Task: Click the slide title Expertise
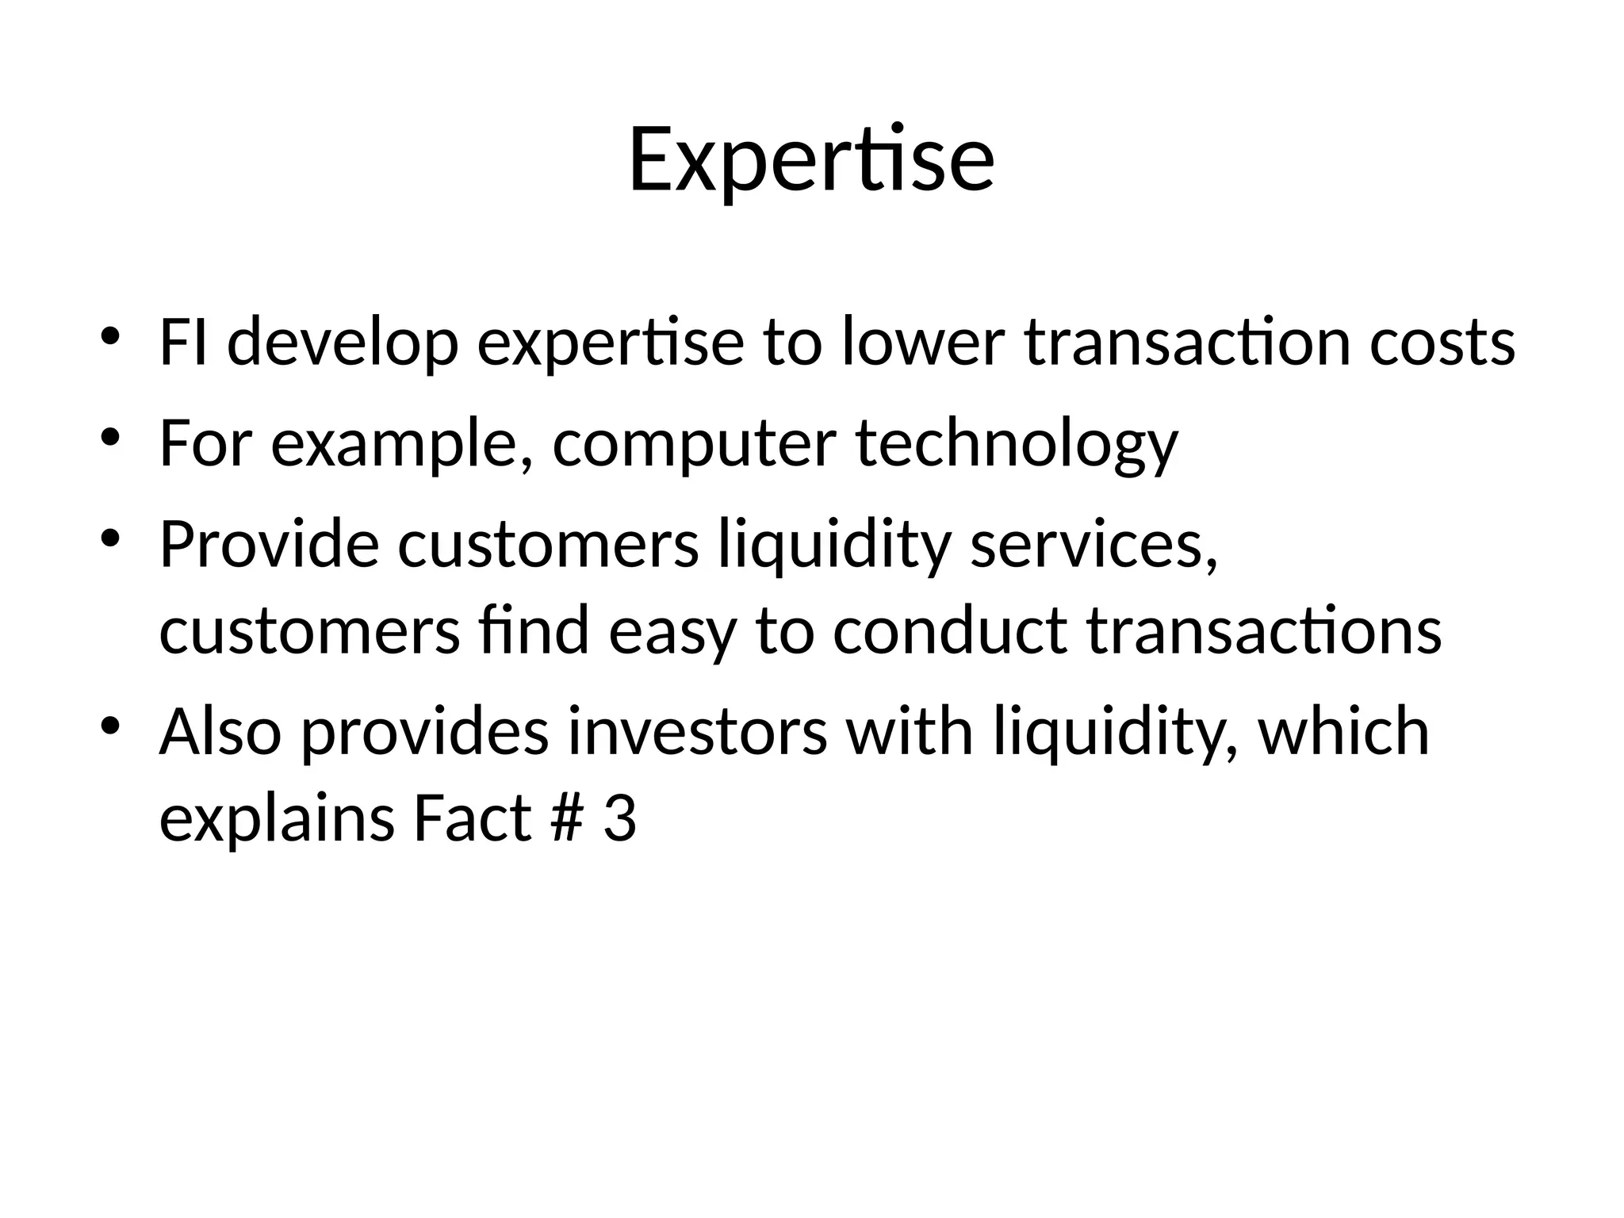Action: click(811, 161)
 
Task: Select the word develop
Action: click(343, 343)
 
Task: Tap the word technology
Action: click(1017, 444)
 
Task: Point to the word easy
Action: click(672, 632)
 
